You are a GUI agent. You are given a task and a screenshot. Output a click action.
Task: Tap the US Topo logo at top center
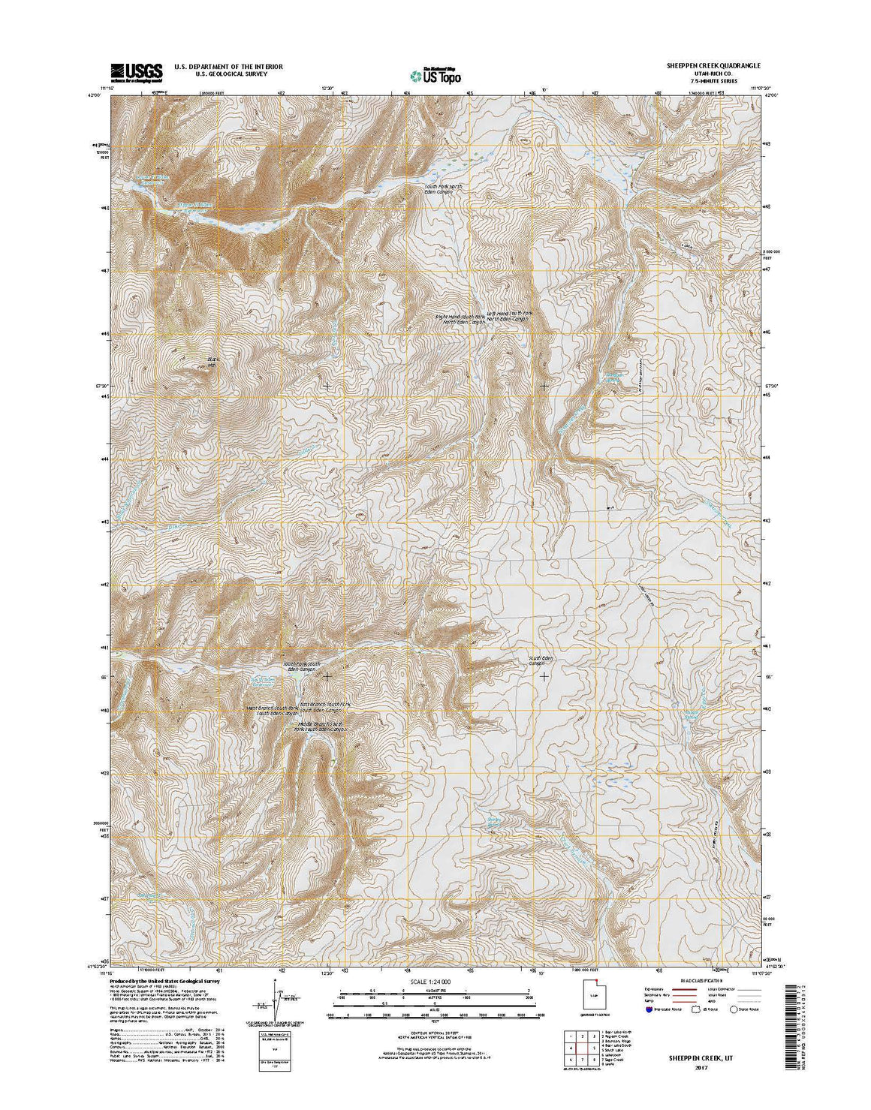tap(435, 74)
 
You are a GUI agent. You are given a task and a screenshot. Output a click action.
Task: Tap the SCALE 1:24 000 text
tap(435, 981)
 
